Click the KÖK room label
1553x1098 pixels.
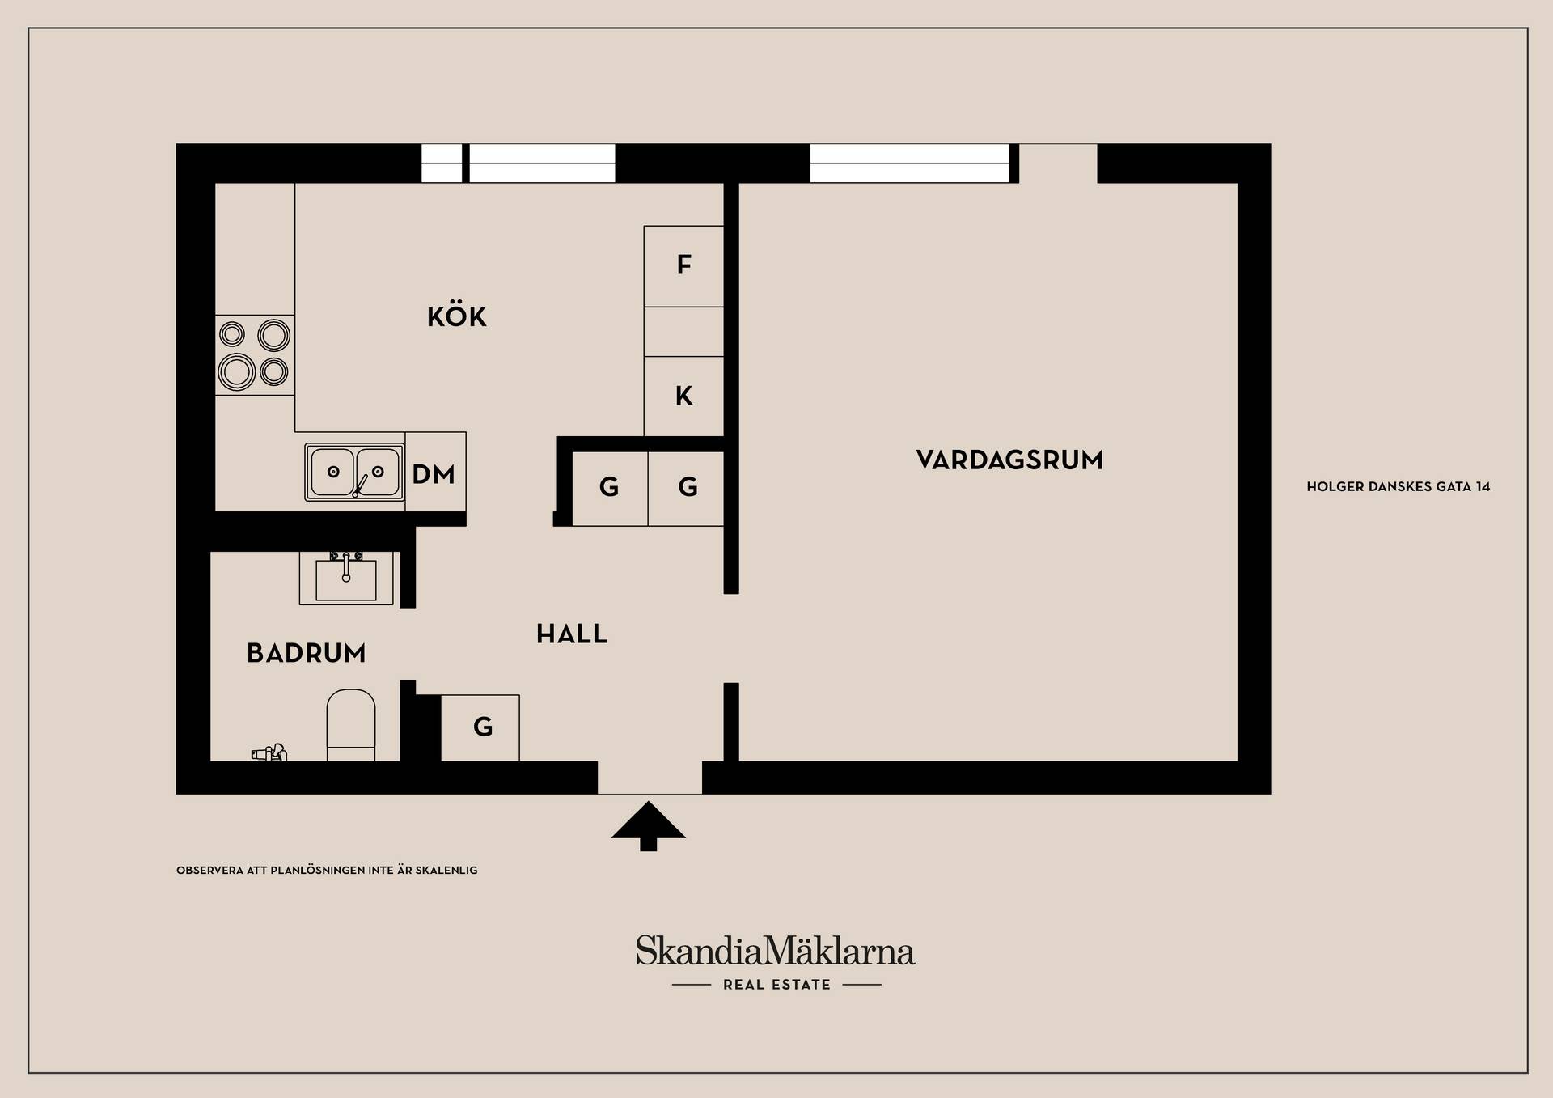coord(457,316)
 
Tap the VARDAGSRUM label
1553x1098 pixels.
coord(1009,460)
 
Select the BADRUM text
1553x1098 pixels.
coord(307,653)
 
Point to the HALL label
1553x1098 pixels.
coord(572,634)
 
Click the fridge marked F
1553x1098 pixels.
coord(683,266)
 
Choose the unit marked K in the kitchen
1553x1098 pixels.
coord(683,396)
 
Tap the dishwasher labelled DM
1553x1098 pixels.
coord(435,473)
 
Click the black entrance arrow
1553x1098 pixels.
coord(649,826)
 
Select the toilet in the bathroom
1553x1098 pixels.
coord(351,725)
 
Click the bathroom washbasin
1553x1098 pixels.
coord(346,578)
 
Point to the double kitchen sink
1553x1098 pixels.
coord(354,472)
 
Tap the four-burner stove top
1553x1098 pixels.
coord(255,355)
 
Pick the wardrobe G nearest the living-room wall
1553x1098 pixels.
coord(686,488)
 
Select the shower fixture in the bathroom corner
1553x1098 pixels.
coord(269,753)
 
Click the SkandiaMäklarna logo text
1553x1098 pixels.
coord(775,951)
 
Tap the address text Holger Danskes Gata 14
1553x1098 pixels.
coord(1399,487)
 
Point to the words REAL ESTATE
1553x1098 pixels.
coord(776,985)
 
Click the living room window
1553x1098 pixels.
coord(910,163)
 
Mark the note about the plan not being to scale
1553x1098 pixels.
coord(327,871)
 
